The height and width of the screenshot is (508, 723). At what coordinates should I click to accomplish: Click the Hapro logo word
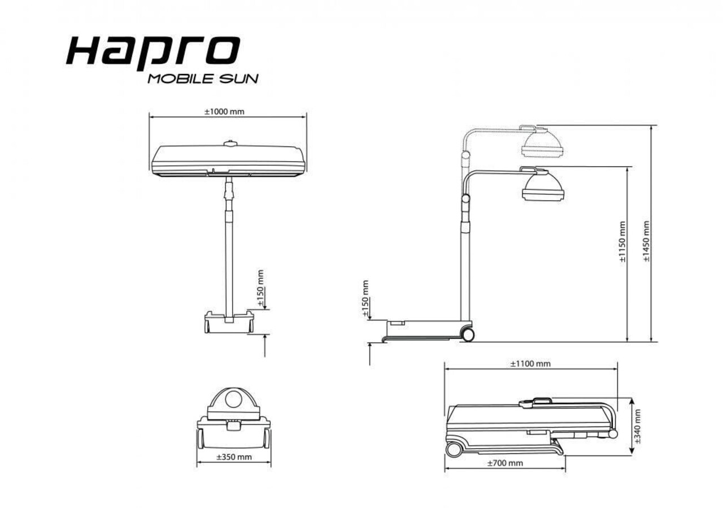(153, 52)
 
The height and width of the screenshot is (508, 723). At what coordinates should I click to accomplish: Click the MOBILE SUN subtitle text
(203, 79)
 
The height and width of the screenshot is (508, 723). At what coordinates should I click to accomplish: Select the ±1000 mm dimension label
(224, 111)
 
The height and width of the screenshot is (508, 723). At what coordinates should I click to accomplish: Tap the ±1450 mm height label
(646, 241)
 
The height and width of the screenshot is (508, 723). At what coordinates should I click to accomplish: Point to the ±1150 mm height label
(622, 242)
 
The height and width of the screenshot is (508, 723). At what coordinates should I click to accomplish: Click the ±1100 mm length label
(530, 363)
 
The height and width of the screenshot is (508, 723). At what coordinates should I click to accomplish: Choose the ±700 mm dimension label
(504, 463)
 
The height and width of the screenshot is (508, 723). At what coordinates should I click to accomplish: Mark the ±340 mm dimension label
(638, 426)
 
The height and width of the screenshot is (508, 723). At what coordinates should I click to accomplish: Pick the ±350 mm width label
(234, 457)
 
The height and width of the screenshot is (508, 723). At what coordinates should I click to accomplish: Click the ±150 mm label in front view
(260, 288)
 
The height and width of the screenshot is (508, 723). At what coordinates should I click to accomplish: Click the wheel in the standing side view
(468, 334)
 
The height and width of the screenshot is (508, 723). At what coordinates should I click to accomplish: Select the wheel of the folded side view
(453, 450)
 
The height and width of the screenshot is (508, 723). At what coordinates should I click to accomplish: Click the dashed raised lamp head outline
(542, 142)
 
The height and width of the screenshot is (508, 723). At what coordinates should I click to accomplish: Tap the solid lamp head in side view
(543, 186)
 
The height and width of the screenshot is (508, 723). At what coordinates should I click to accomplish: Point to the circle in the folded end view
(233, 400)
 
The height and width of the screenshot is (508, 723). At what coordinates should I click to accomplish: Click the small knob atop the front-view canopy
(229, 144)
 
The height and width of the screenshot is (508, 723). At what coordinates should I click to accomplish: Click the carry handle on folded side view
(535, 401)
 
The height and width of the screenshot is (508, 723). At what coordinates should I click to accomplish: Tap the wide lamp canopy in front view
(228, 160)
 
